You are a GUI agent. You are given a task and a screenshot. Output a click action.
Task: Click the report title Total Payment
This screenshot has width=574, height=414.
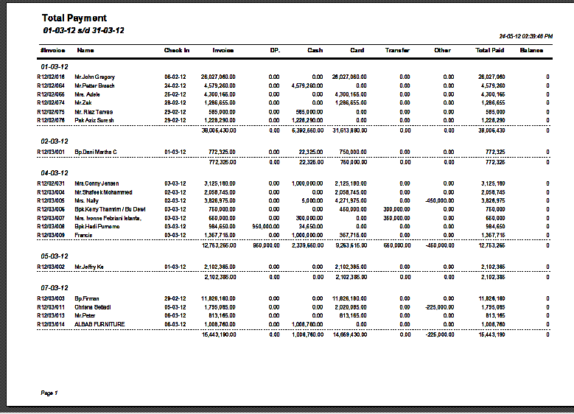point(74,18)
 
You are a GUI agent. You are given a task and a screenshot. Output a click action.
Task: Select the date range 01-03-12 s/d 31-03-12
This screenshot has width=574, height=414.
point(83,31)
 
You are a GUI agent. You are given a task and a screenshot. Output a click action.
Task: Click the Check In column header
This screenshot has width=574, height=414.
point(177,50)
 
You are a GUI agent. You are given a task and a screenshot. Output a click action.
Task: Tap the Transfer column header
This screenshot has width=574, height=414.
point(397,50)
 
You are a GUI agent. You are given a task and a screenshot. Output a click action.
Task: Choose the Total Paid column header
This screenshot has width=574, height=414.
point(490,50)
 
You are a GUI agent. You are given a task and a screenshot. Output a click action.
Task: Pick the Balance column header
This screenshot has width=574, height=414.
point(531,50)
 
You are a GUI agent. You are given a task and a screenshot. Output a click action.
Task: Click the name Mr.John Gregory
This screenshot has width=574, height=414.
point(95,77)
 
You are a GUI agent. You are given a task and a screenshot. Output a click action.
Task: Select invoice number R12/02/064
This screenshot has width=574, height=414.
point(51,85)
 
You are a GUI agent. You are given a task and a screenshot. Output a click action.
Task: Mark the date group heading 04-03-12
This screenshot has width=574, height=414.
point(55,173)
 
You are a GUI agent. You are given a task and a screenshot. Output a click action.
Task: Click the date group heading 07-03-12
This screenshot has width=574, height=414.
point(55,287)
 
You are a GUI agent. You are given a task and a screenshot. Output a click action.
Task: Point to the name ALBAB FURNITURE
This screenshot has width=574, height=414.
point(99,324)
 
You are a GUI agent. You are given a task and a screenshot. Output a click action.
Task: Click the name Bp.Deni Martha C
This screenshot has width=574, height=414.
point(96,152)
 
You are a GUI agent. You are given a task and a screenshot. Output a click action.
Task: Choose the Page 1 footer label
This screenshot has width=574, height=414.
point(49,393)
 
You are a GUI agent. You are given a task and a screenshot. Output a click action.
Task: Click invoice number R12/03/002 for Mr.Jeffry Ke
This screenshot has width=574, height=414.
point(51,267)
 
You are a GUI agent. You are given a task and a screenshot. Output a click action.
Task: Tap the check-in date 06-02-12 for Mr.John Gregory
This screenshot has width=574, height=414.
point(175,77)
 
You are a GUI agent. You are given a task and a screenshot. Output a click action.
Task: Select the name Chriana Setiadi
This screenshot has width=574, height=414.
point(95,306)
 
